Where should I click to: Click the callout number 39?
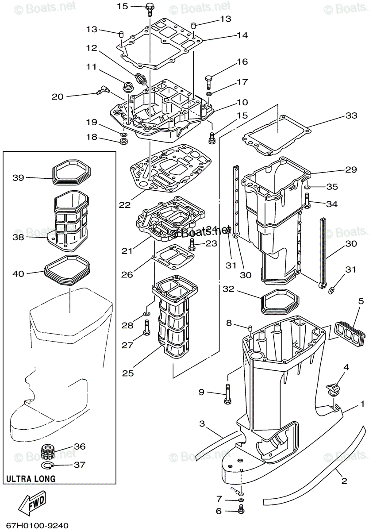tap(18, 177)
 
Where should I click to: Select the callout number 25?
tap(128, 373)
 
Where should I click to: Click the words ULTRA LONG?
tap(31, 478)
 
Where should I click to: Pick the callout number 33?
tap(351, 116)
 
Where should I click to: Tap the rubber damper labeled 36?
tap(47, 452)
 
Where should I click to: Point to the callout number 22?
tap(124, 205)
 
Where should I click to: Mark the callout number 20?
tap(58, 96)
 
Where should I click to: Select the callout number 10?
tap(242, 103)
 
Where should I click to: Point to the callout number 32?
tap(228, 289)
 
